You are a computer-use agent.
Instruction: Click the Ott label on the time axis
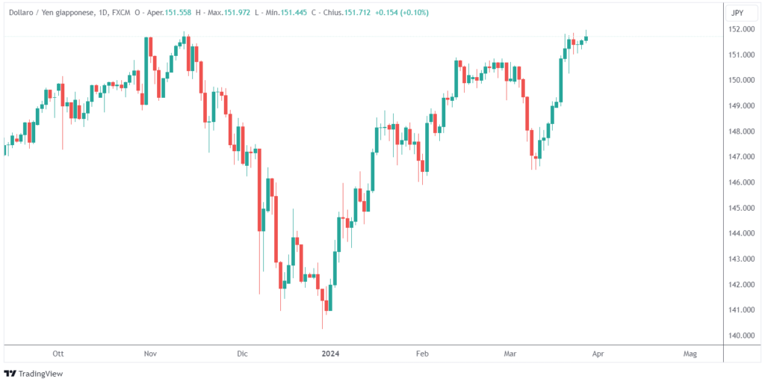click(x=58, y=353)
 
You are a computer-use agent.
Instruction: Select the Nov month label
click(x=150, y=353)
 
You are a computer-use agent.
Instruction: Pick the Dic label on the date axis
click(x=241, y=353)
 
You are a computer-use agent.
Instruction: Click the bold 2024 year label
click(x=330, y=353)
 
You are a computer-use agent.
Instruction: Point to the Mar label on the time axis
click(x=510, y=353)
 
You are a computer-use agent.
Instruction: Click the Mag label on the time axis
click(x=690, y=353)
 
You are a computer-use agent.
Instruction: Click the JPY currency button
click(x=737, y=13)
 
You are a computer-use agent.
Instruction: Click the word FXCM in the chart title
click(x=123, y=13)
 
